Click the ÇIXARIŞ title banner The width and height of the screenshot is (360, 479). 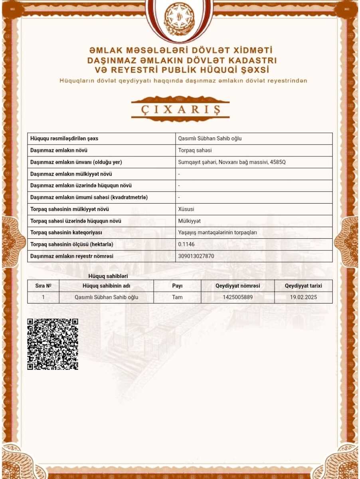coord(180,109)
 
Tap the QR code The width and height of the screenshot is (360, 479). coord(53,344)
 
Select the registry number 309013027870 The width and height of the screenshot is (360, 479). coord(196,256)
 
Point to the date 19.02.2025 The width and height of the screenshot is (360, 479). coord(303,297)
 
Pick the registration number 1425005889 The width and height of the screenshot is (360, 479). coord(238,297)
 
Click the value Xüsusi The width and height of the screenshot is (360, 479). coord(186,209)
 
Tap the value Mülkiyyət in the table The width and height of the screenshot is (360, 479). coord(189,221)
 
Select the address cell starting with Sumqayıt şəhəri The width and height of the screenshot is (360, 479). coord(232,162)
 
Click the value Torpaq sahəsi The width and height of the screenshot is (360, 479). coord(195,150)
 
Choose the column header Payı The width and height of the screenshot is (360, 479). coord(177,286)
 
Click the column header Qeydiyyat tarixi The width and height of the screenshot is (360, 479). coord(303,286)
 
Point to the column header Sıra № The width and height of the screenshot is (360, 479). coord(43,286)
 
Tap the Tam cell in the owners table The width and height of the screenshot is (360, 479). coord(177,297)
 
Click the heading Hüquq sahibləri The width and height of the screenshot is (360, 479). coord(108,276)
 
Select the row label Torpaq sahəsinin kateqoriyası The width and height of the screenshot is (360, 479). coord(66,233)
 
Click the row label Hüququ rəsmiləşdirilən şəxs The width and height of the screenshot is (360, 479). coord(64,139)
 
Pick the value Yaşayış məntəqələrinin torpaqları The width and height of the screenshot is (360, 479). coord(217,233)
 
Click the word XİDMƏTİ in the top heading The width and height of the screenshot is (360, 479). coord(249,51)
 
